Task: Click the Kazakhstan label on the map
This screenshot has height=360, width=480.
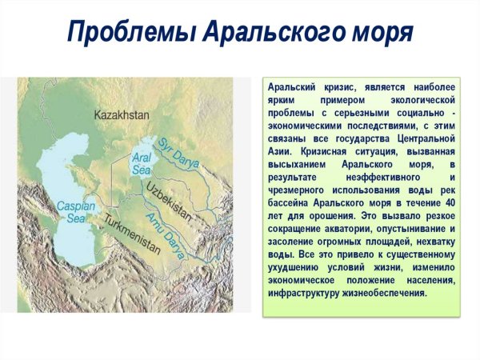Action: tap(122, 115)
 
